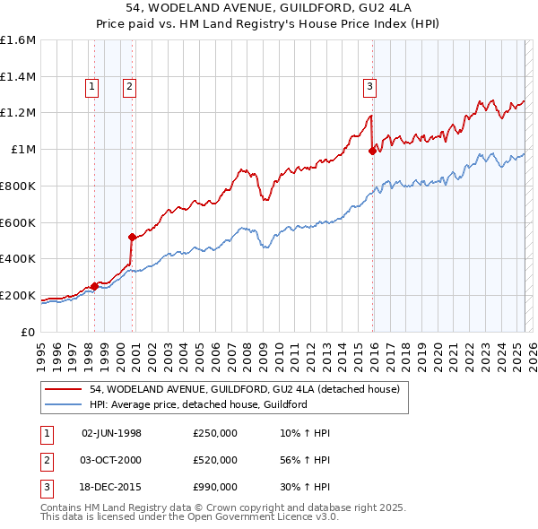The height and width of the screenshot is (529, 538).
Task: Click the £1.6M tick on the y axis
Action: point(18,40)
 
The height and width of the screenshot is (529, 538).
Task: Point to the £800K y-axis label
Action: point(18,186)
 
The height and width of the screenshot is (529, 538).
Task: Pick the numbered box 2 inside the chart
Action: point(130,87)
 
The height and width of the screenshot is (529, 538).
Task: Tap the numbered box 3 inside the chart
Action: point(369,87)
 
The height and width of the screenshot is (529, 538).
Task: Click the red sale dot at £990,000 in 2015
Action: point(372,152)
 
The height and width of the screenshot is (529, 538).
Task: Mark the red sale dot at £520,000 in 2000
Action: point(132,237)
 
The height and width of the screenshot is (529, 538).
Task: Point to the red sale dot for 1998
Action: point(94,286)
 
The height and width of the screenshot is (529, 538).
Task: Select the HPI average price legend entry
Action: point(198,404)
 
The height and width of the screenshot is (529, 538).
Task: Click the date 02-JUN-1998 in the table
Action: point(111,432)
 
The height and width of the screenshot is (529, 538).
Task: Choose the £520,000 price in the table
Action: point(215,460)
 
